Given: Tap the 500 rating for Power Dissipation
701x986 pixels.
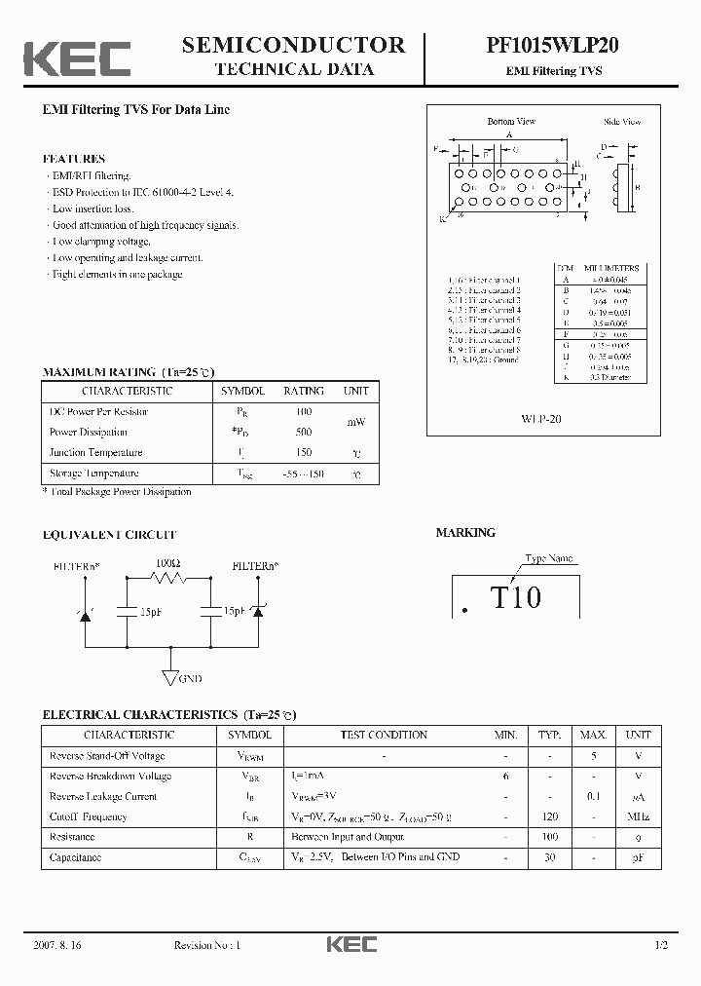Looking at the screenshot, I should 304,432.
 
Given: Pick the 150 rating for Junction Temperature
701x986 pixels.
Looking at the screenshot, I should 304,452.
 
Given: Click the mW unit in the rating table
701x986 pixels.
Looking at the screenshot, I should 356,422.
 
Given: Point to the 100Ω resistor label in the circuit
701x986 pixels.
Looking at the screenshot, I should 167,564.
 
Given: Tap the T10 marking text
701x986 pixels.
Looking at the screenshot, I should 515,596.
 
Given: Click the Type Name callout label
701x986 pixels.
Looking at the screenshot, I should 549,558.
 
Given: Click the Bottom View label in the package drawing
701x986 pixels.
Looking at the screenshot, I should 511,122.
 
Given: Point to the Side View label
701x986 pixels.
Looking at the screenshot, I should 622,122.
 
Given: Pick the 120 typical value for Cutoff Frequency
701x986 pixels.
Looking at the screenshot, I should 550,816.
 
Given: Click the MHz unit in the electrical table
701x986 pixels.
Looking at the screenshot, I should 638,816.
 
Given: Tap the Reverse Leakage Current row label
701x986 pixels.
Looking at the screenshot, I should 103,796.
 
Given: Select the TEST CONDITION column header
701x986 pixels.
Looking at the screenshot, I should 384,735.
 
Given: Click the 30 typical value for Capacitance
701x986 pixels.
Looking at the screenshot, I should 550,857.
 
